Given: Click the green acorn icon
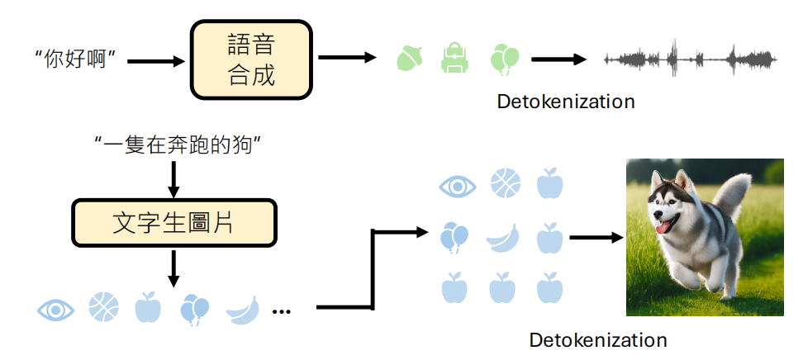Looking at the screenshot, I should coord(410,58).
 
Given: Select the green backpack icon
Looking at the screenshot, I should coord(455,58).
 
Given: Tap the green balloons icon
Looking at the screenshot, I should coord(504,59).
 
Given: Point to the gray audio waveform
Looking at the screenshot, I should coord(690,59).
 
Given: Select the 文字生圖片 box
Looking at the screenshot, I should coord(173,222).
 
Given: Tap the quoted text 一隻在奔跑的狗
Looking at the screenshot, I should coord(178,148).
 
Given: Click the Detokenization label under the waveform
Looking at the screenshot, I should coord(566,102).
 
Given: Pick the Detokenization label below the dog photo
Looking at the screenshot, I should coord(598,339).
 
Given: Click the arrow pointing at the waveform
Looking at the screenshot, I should coord(558,59).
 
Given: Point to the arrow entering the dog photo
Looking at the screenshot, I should coord(595,239).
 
